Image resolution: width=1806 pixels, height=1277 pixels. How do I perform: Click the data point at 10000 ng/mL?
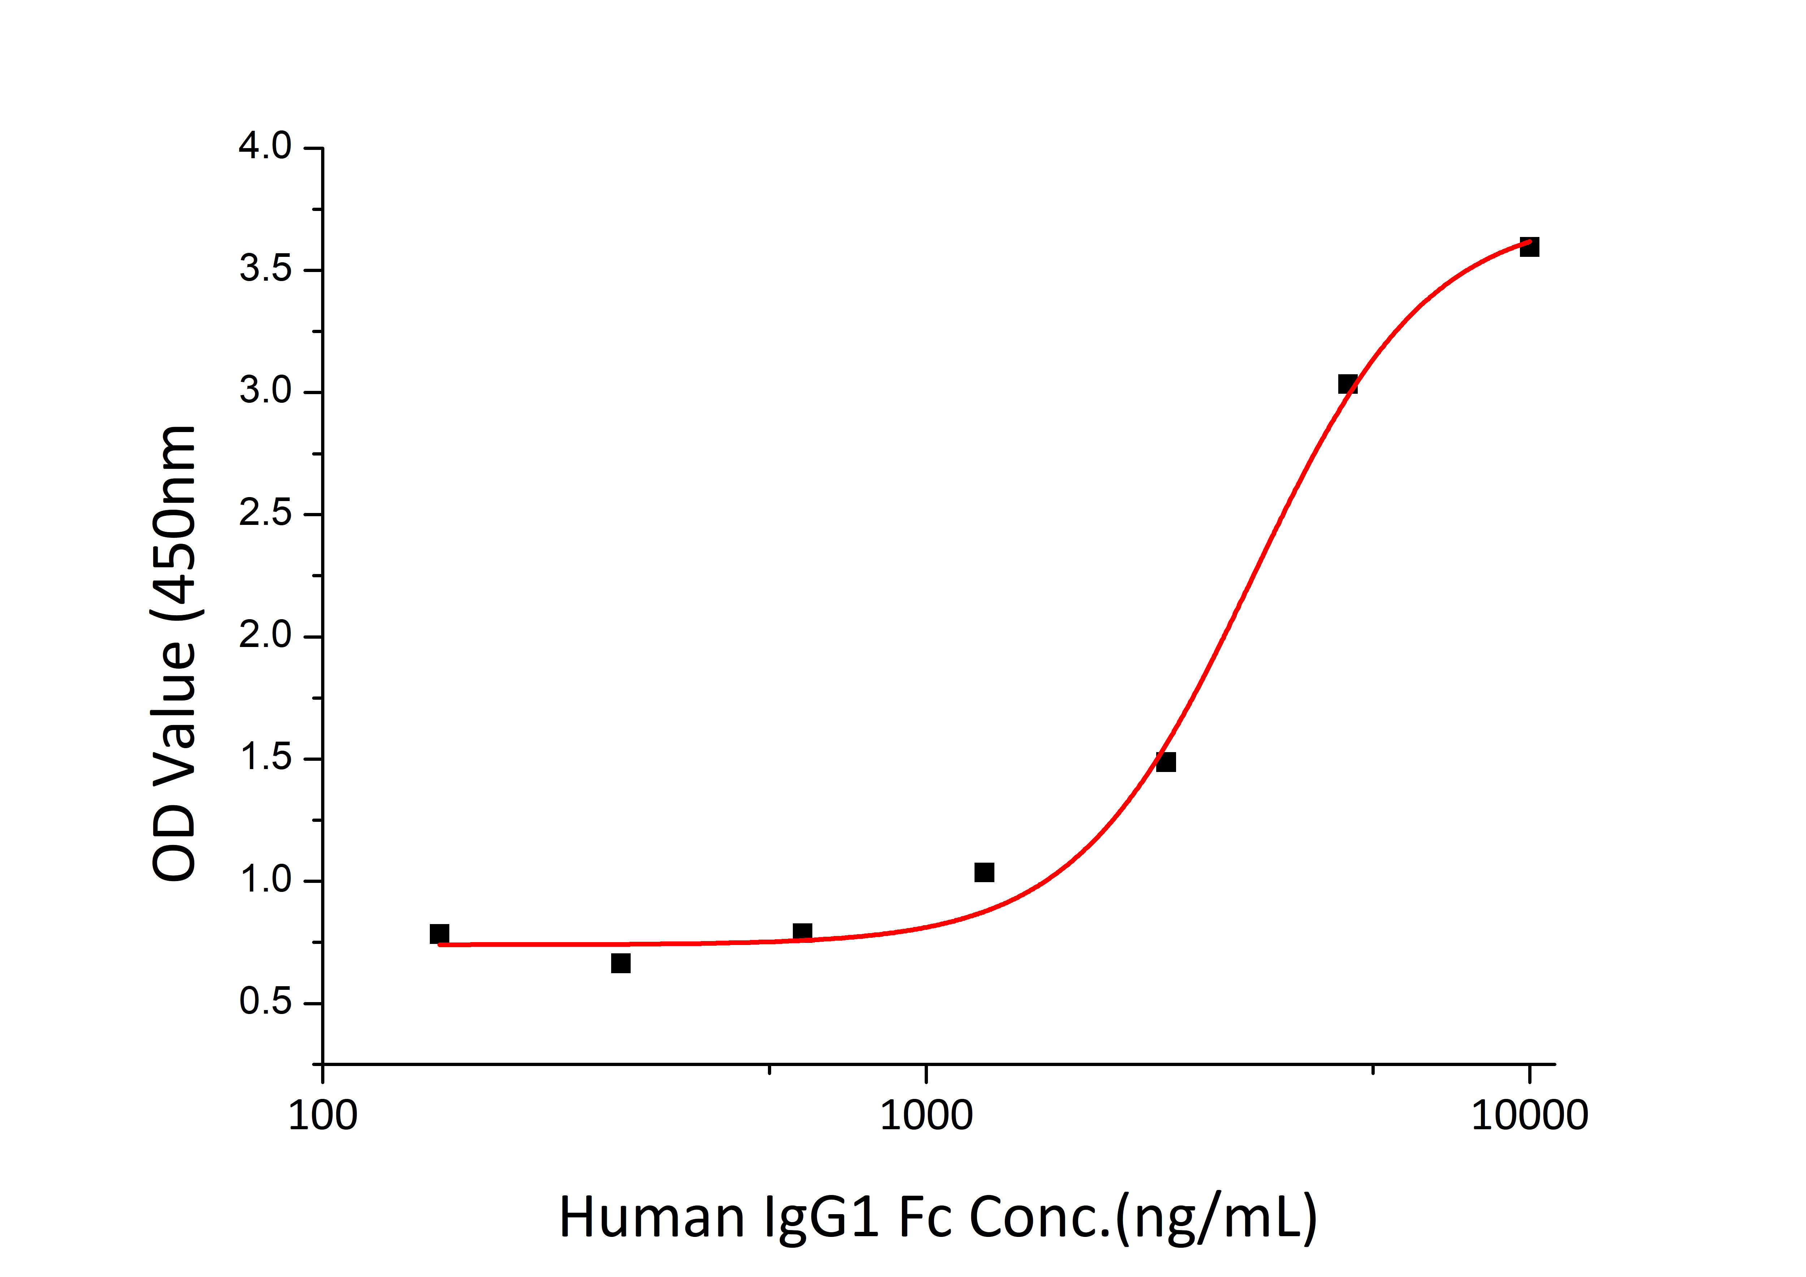click(1528, 247)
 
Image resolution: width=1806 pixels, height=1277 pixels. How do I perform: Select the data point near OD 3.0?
click(1347, 384)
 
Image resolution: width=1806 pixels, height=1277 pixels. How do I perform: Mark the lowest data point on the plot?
click(621, 963)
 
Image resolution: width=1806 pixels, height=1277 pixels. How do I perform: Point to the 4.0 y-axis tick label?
click(265, 147)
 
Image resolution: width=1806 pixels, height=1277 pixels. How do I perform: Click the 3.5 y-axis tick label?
click(265, 270)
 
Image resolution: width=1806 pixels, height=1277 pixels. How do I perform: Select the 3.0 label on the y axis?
click(265, 392)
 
